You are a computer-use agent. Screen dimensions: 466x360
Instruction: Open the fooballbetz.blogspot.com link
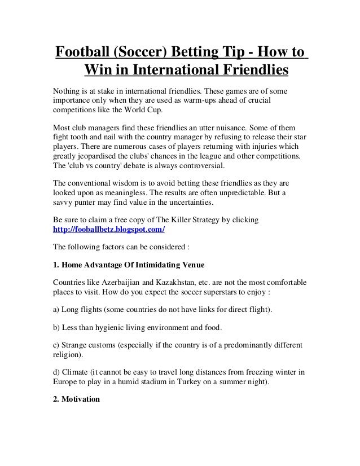109,231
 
